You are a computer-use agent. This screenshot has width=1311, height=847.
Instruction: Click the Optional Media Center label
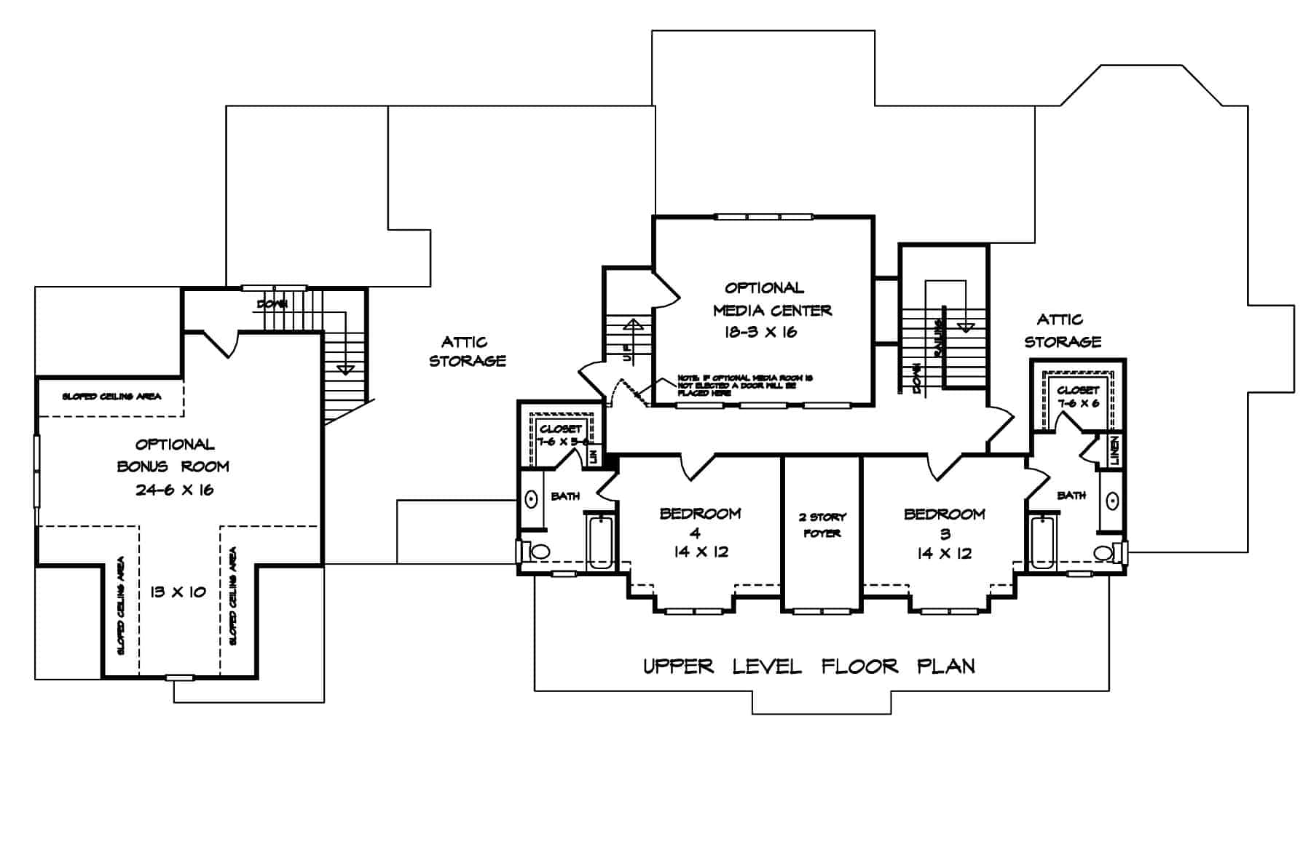click(x=771, y=299)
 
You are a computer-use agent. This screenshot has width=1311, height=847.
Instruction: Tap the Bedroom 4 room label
click(x=700, y=514)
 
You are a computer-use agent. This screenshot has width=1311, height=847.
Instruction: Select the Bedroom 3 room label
click(x=944, y=514)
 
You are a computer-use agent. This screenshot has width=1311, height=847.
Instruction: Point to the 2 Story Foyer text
click(x=822, y=525)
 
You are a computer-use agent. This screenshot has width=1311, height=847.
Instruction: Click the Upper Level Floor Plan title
click(x=808, y=666)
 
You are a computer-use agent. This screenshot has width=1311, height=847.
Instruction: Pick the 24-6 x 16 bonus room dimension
click(x=174, y=490)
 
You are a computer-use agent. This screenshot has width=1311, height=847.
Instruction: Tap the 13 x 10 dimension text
click(x=178, y=592)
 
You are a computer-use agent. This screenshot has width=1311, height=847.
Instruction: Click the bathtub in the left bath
click(x=601, y=542)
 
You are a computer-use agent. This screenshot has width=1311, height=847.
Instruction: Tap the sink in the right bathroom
click(x=1112, y=501)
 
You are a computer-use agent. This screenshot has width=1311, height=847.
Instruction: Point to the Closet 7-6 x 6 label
click(x=1078, y=397)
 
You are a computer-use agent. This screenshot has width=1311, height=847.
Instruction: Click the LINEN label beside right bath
click(x=1114, y=450)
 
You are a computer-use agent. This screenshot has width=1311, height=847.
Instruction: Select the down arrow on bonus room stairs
click(x=346, y=369)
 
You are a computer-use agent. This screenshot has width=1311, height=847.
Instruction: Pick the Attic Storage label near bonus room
click(x=467, y=351)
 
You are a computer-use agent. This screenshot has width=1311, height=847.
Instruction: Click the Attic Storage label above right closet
click(x=1062, y=330)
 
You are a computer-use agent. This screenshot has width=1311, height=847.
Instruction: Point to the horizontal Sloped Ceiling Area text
click(x=111, y=397)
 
